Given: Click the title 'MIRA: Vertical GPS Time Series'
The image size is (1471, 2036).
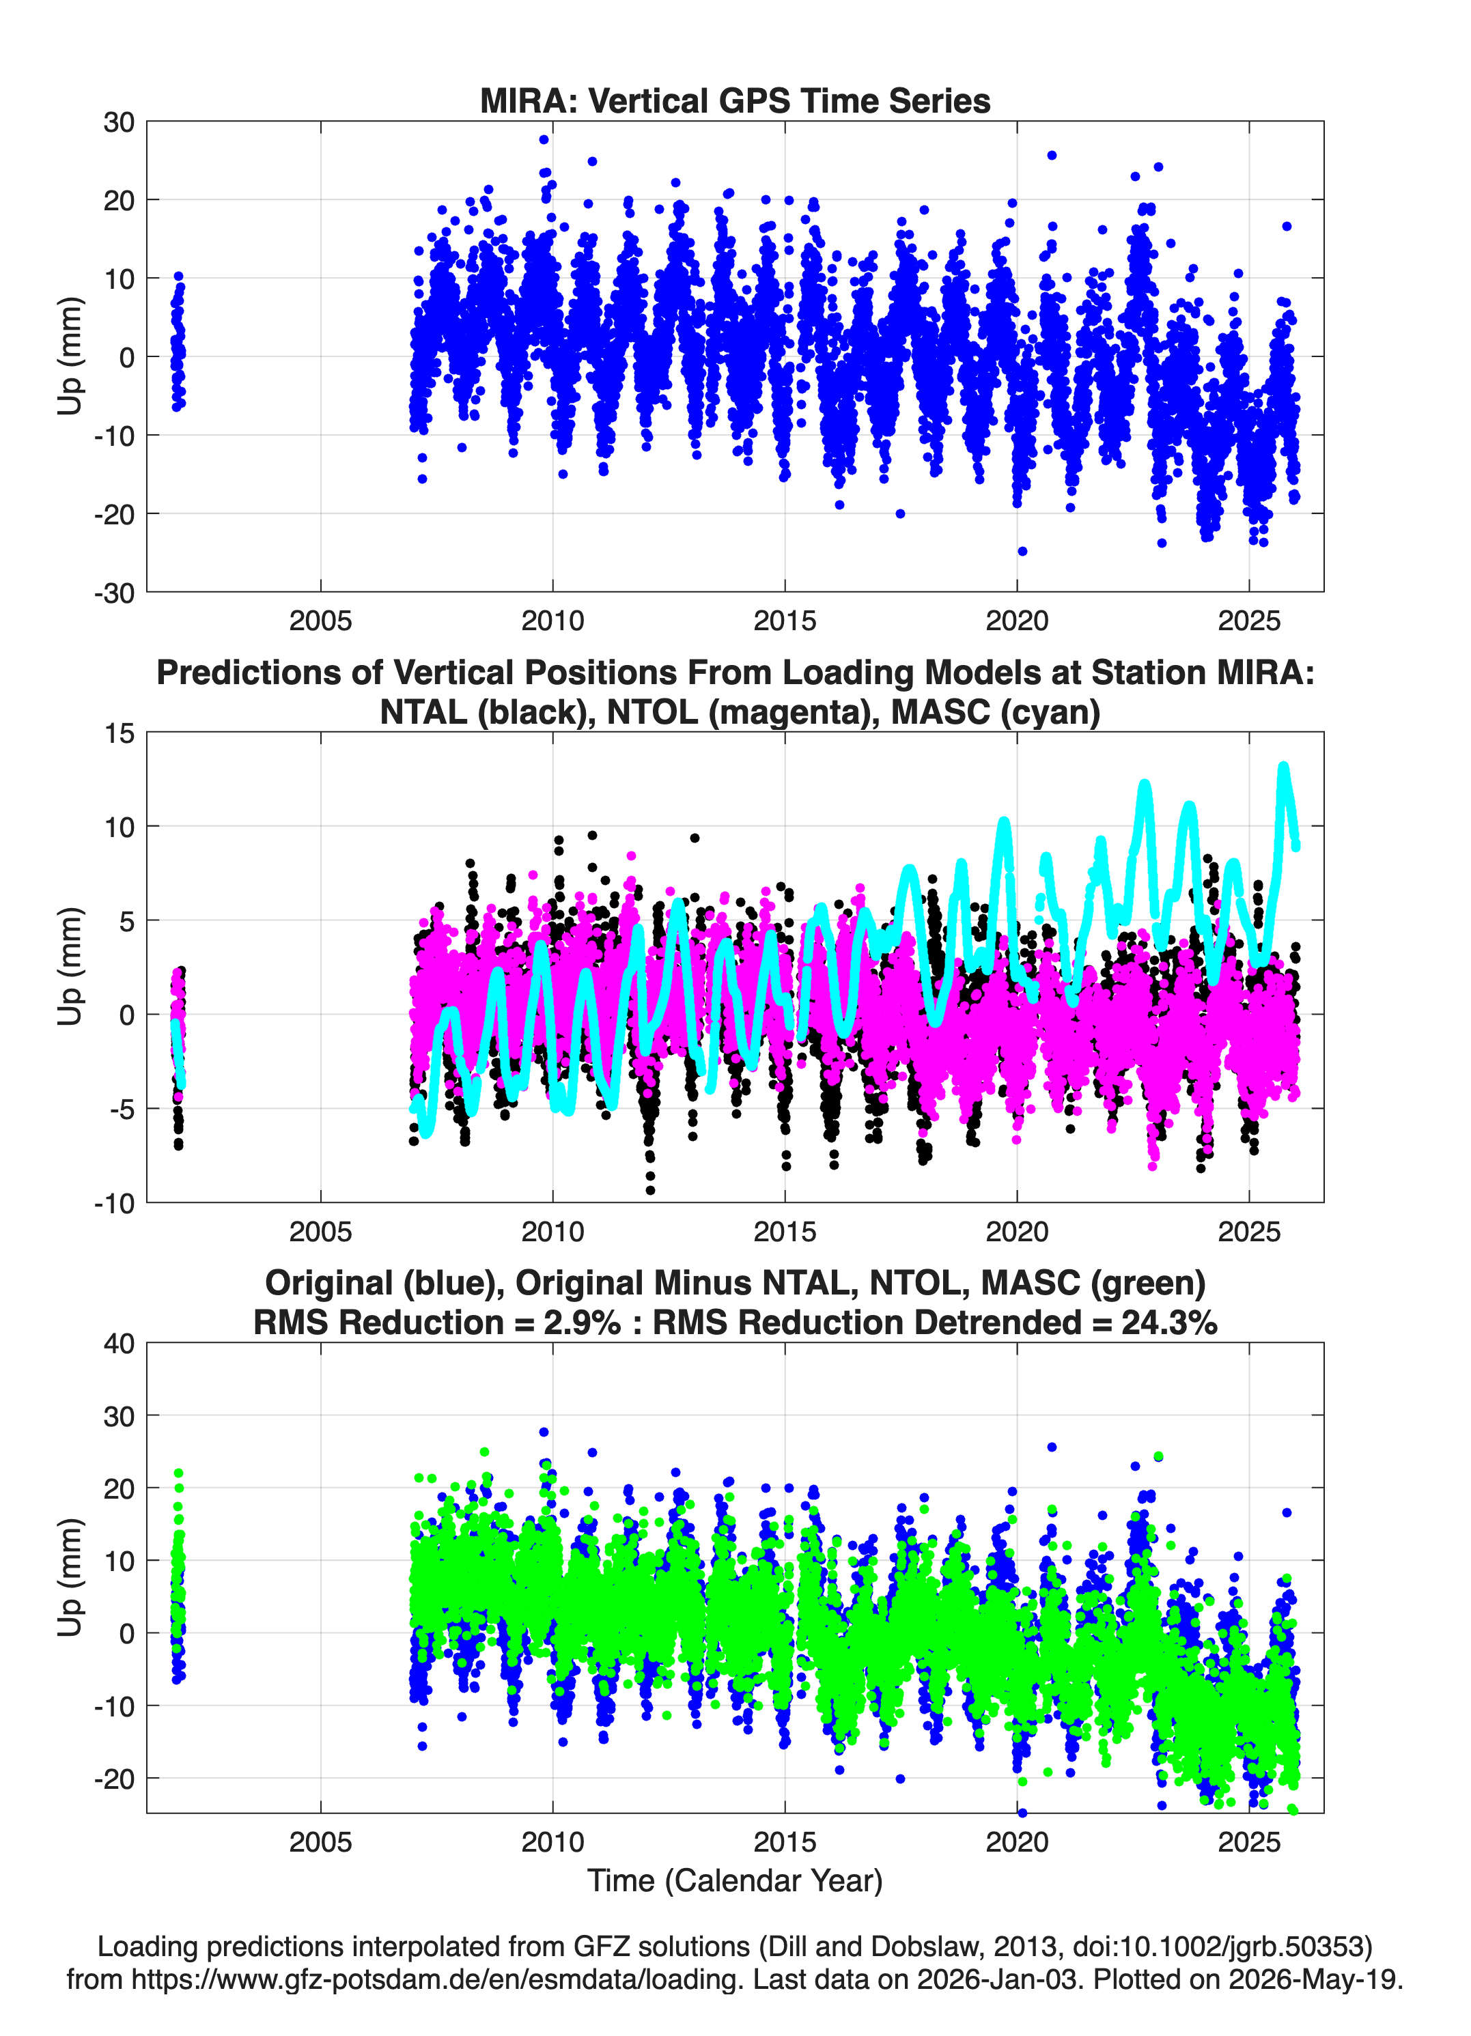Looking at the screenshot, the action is pos(735,100).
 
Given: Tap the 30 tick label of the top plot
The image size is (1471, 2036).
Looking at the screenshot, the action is pos(119,122).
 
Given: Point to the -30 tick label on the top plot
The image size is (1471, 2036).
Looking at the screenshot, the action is pos(114,593).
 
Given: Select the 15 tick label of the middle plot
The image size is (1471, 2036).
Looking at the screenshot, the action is pos(120,733).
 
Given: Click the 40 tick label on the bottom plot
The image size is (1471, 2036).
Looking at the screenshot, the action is pos(119,1344).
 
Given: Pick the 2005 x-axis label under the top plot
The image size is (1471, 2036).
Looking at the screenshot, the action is pos(320,621).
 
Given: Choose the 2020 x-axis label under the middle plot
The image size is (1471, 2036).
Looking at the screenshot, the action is pos(1017,1232).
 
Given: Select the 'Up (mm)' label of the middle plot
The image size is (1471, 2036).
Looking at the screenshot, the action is pos(70,967).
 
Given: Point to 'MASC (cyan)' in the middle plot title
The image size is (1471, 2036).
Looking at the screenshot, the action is pos(996,712).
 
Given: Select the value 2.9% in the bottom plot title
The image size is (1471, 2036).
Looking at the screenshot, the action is pos(582,1323).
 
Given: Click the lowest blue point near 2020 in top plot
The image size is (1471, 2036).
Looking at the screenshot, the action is pos(1022,551).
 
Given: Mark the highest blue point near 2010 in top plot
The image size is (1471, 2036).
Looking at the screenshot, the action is pos(544,139).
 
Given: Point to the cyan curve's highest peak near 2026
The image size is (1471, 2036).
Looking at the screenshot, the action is pos(1283,767).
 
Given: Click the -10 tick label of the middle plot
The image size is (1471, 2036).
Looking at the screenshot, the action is pos(114,1204).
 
